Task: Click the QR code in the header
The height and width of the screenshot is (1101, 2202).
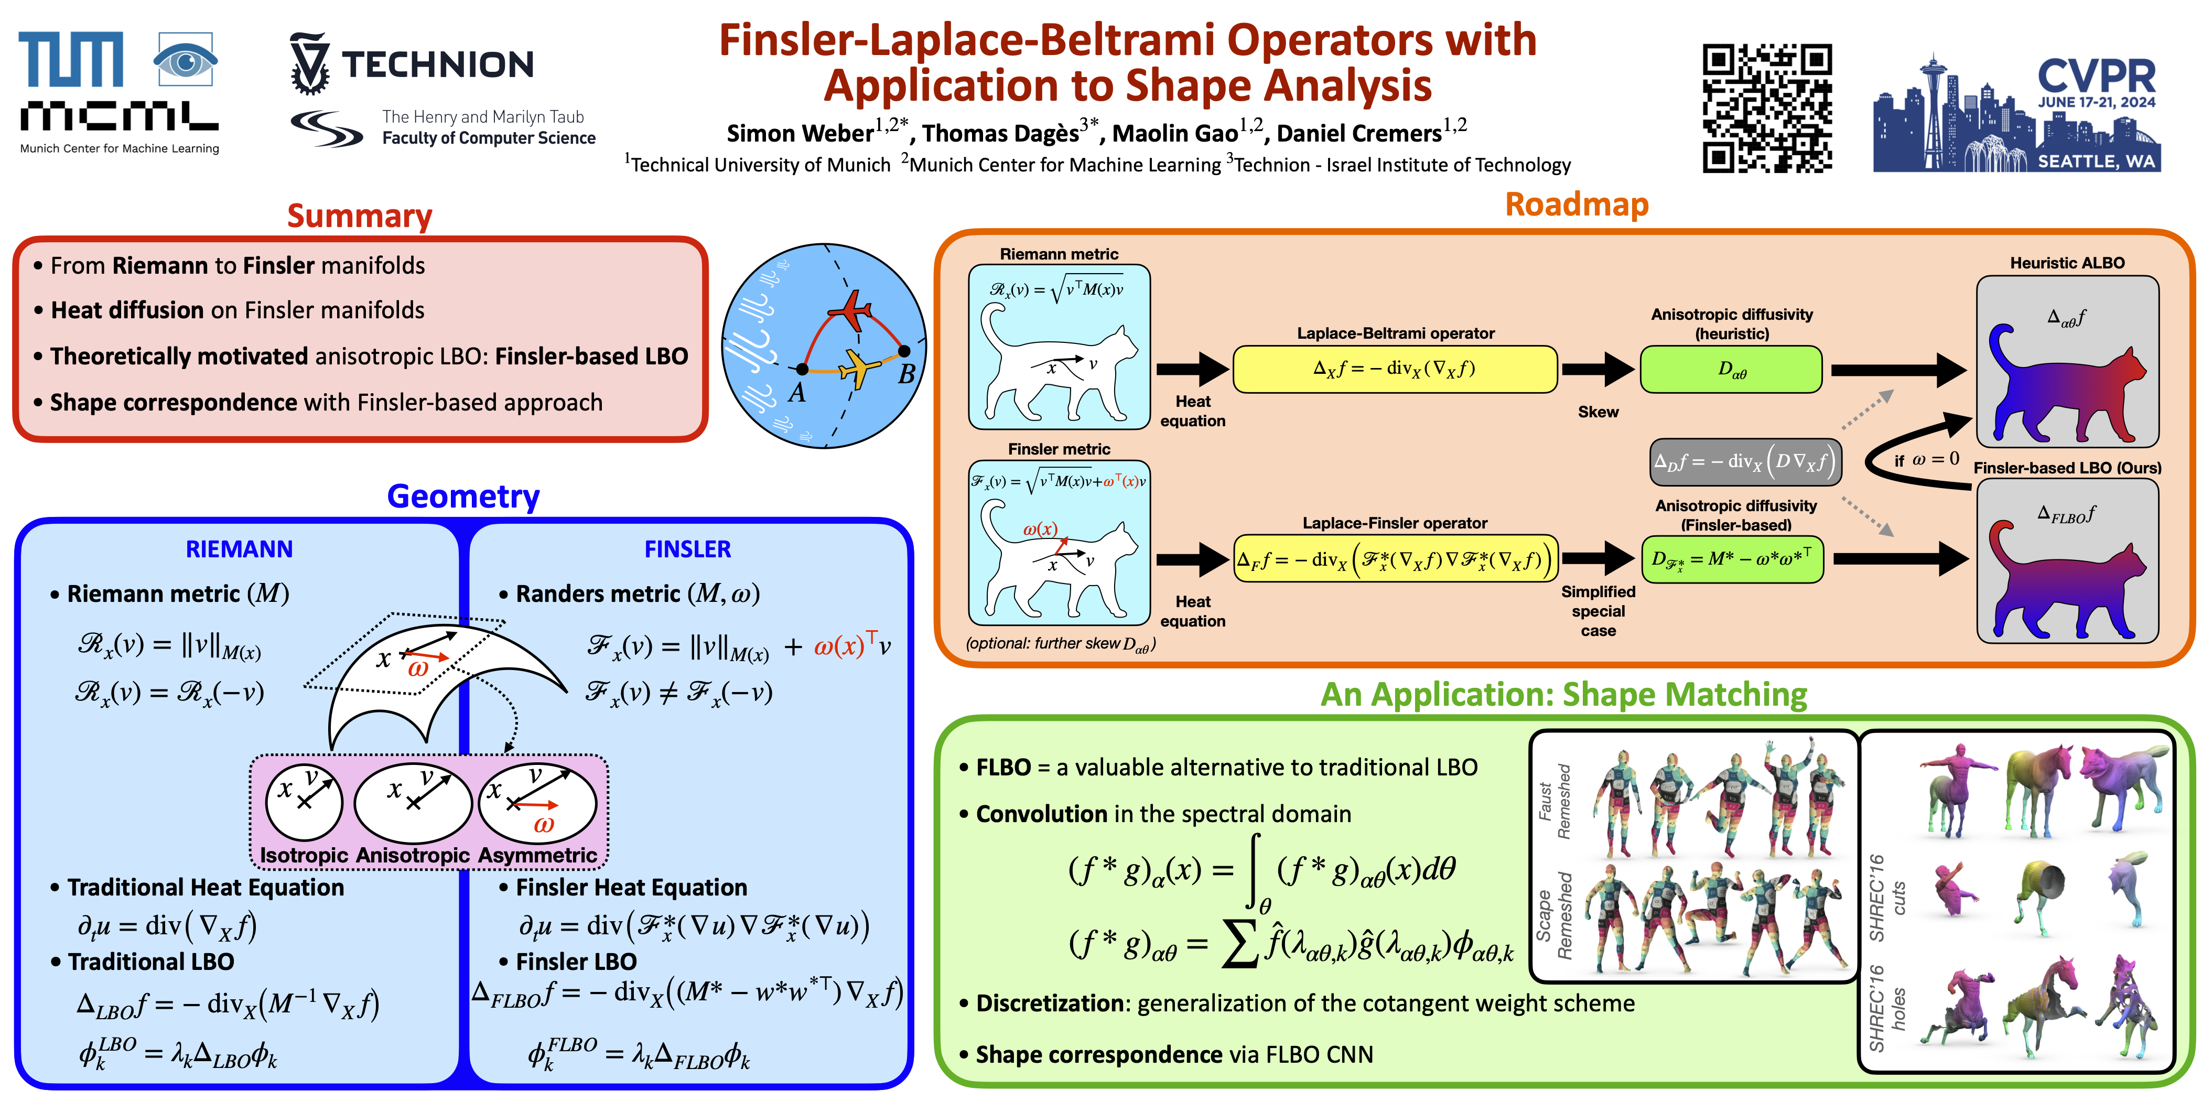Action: [1767, 107]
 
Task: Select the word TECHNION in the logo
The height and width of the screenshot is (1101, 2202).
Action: [438, 65]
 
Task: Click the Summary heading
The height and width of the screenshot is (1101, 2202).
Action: [359, 216]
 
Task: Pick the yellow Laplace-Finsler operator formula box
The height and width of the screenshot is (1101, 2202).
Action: [1395, 560]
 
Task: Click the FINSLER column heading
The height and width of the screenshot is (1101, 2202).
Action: [687, 549]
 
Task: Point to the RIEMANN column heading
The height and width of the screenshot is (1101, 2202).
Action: [240, 549]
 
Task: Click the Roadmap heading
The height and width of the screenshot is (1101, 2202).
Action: [1577, 205]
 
